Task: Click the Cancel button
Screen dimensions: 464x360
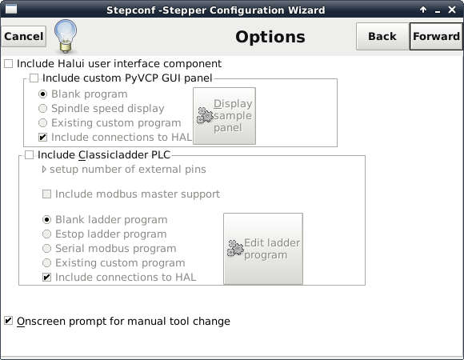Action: click(24, 36)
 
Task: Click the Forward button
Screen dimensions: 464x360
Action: click(436, 36)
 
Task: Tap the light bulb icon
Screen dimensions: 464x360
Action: click(66, 36)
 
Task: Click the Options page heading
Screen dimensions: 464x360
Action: click(270, 37)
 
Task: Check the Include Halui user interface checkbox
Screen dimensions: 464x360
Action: click(9, 63)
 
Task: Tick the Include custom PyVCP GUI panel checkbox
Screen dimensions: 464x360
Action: click(34, 78)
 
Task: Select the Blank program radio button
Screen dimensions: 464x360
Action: click(43, 94)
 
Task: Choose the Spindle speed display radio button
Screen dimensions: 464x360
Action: click(43, 108)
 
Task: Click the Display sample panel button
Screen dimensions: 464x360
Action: click(224, 116)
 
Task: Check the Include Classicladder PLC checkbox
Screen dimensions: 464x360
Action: click(30, 154)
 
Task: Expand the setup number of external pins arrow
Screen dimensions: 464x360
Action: click(44, 170)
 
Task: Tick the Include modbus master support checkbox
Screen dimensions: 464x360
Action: click(46, 194)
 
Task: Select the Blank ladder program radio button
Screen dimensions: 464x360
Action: click(46, 219)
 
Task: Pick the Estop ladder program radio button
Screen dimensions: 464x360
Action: click(46, 234)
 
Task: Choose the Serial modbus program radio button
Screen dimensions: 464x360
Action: click(46, 248)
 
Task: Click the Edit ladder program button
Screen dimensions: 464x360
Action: click(263, 249)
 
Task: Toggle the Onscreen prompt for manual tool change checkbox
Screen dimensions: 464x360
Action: click(9, 321)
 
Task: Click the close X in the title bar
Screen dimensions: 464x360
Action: click(452, 10)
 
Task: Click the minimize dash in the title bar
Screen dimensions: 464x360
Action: click(438, 11)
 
